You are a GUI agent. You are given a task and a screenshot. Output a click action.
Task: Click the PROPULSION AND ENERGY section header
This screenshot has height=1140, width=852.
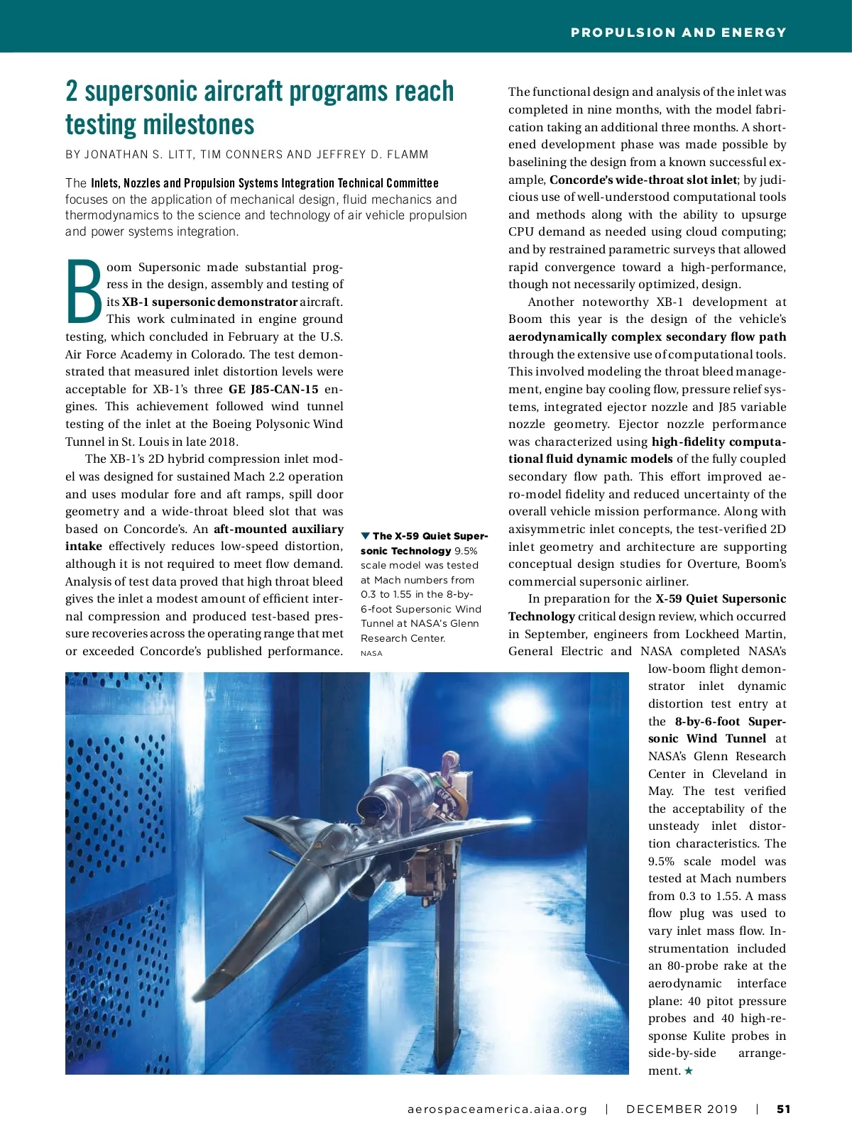[x=678, y=33]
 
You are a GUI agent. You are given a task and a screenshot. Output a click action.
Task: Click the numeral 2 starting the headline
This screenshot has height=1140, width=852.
[x=72, y=92]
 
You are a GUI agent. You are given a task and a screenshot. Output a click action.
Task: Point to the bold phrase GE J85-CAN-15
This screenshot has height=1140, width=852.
[x=273, y=389]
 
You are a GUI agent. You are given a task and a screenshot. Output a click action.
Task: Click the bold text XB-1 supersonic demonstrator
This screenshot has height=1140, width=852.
[x=209, y=302]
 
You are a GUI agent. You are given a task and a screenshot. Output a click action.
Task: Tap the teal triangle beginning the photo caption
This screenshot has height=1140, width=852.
[x=366, y=536]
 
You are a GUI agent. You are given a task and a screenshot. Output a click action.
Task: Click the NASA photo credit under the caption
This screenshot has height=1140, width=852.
[x=371, y=653]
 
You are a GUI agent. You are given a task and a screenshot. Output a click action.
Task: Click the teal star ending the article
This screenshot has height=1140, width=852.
[x=688, y=1070]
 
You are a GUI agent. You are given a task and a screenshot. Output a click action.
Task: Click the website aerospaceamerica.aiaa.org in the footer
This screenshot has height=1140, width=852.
[x=497, y=1109]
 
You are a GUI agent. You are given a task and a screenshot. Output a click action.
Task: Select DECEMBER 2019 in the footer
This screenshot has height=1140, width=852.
[x=682, y=1109]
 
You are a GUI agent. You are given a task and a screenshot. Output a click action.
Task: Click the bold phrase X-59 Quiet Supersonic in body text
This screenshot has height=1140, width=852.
[x=720, y=598]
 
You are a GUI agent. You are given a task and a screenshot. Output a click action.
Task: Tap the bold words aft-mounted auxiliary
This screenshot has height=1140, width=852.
[x=278, y=529]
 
